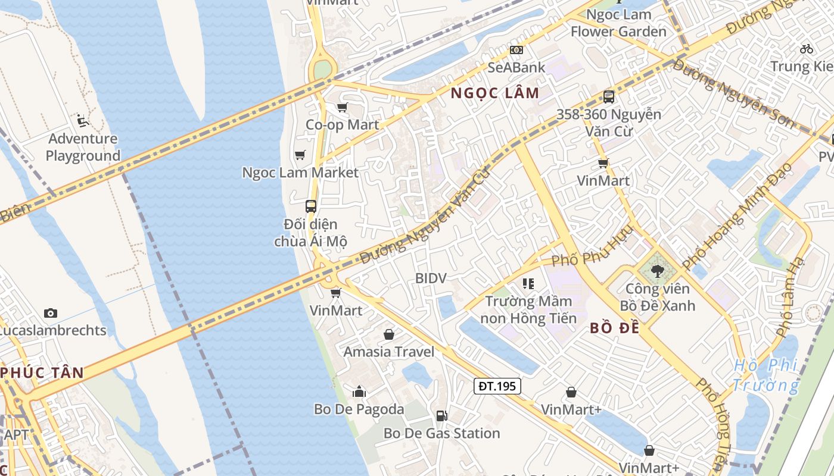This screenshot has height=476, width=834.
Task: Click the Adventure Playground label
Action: tap(83, 148)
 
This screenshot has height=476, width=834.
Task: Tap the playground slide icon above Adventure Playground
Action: tap(83, 121)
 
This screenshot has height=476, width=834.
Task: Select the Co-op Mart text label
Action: tap(342, 124)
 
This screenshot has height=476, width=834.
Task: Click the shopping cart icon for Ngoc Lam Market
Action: tap(300, 155)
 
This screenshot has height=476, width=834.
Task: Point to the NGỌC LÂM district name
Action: tap(494, 93)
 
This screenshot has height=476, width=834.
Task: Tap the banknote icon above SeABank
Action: tap(516, 50)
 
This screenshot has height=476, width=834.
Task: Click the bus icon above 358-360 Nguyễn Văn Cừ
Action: tap(608, 97)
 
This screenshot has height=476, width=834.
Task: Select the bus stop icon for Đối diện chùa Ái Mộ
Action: tap(310, 206)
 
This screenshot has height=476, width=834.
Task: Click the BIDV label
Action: tap(431, 278)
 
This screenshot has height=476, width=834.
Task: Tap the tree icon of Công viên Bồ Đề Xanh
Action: tap(657, 272)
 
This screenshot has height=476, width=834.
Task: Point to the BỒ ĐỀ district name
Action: tap(614, 328)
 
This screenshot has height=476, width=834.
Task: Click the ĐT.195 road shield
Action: tap(497, 386)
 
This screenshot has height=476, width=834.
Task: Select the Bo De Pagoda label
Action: tap(359, 409)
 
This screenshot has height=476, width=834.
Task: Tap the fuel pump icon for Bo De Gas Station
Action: tap(441, 416)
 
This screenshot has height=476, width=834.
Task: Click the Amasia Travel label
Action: tap(388, 352)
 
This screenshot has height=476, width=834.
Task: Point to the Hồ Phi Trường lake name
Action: tap(765, 375)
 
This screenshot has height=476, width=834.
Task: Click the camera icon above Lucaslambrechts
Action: tap(51, 313)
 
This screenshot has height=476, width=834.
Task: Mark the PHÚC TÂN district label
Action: tap(42, 373)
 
